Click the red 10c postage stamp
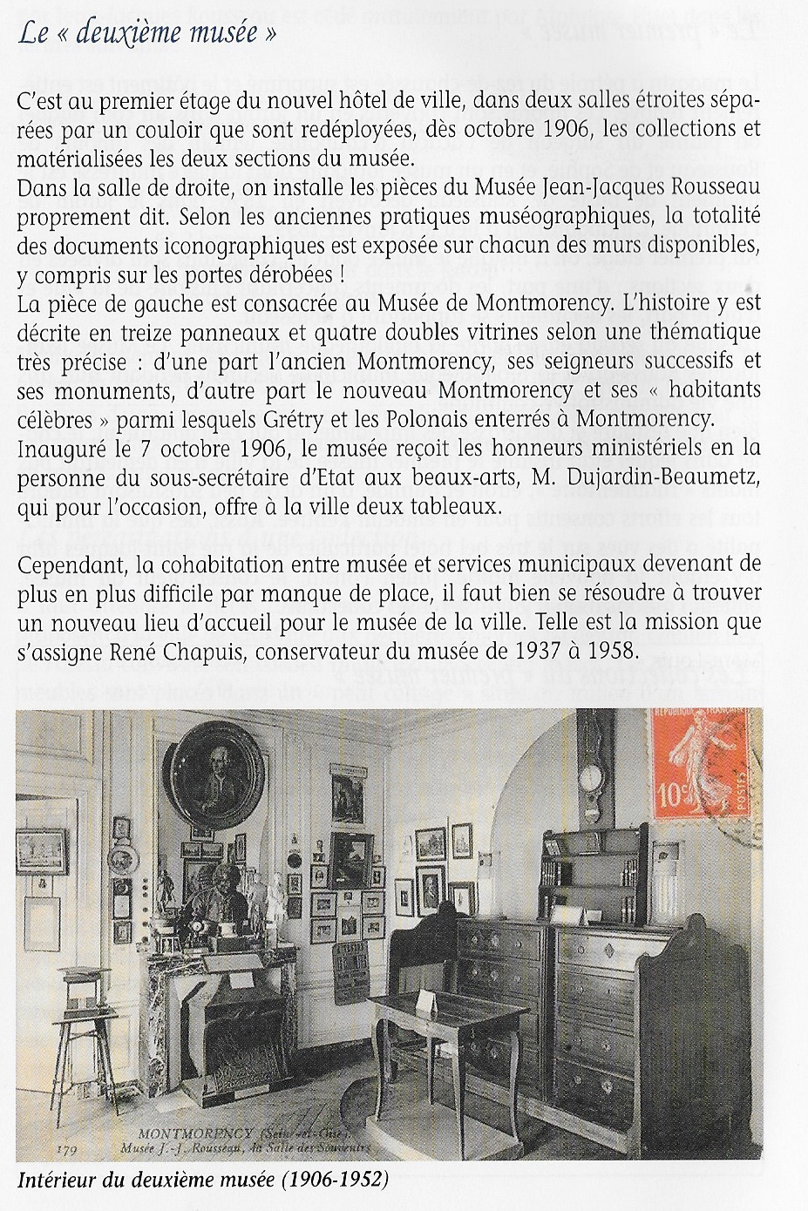click(x=699, y=765)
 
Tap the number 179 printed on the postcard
click(x=67, y=1150)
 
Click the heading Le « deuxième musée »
click(x=147, y=33)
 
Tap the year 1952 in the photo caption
click(x=356, y=1181)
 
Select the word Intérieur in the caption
click(x=55, y=1181)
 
